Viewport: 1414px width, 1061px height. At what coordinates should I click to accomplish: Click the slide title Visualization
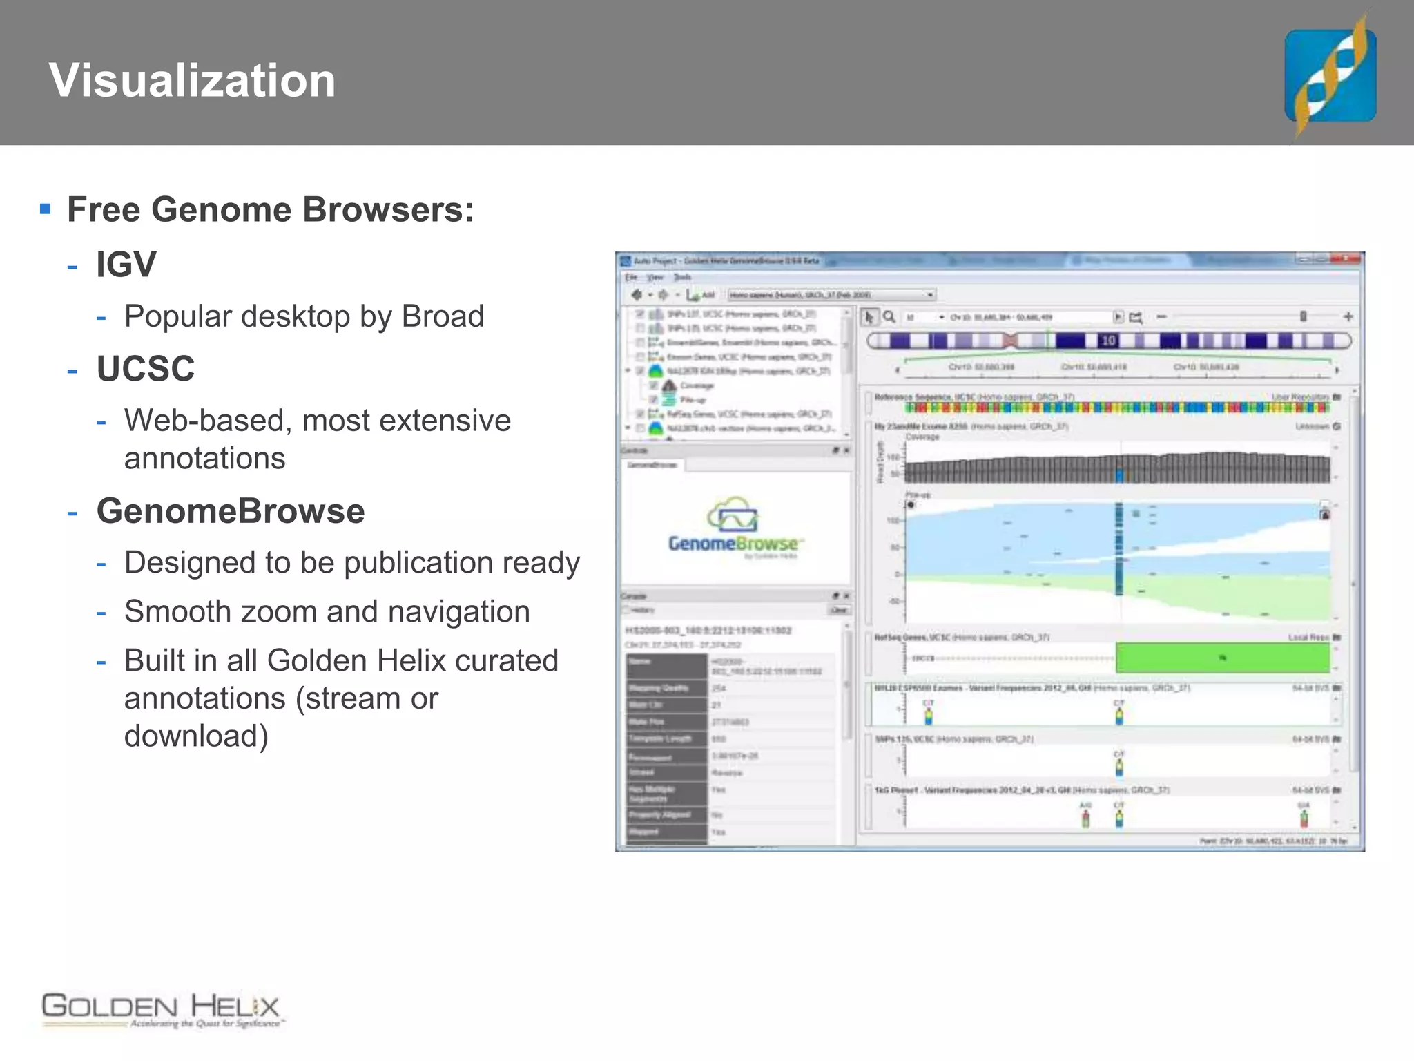click(192, 81)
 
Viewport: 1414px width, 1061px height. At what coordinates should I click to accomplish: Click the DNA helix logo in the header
click(1330, 75)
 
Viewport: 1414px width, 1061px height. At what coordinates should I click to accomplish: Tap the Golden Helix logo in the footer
click(162, 1010)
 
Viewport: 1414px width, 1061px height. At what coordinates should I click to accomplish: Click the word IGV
click(126, 265)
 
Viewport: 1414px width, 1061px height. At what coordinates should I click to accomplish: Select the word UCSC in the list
click(146, 368)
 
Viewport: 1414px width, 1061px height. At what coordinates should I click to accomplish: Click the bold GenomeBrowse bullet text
click(231, 511)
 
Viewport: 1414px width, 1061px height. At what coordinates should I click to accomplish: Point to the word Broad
click(443, 317)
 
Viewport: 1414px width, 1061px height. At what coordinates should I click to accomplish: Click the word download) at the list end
click(196, 736)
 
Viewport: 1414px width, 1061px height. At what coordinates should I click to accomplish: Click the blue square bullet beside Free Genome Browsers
click(46, 209)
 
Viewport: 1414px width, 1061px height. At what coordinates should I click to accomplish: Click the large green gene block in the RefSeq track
click(1222, 658)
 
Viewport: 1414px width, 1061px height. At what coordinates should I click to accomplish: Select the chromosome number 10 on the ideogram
click(1108, 341)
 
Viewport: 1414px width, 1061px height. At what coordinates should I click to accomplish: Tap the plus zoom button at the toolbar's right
click(1348, 317)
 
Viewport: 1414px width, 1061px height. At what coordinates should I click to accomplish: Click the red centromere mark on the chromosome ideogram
click(1010, 341)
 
